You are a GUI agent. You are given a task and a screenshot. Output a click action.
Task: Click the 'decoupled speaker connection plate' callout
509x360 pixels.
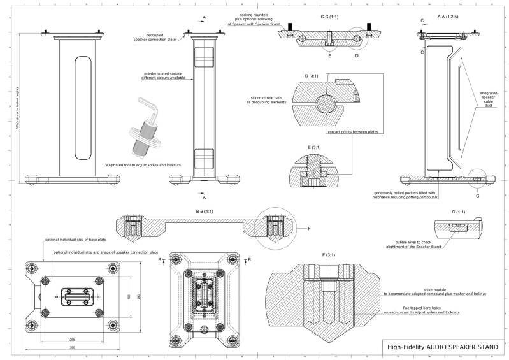155,40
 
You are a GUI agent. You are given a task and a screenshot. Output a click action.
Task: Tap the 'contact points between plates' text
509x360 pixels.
352,133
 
